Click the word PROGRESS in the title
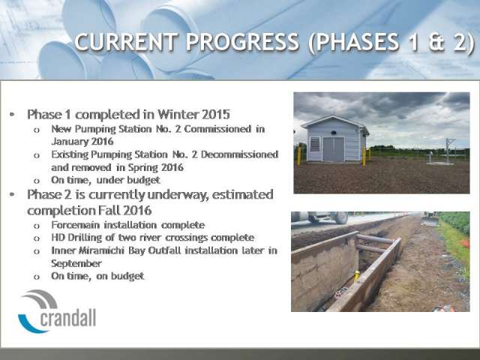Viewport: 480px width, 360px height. (x=241, y=42)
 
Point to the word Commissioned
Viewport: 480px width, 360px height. (x=217, y=129)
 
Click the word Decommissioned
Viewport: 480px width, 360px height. (x=239, y=154)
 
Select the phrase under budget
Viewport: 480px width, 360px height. (x=128, y=180)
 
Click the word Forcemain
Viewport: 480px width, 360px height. (x=76, y=225)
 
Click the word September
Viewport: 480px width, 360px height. (x=76, y=263)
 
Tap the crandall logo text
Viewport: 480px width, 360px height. (x=68, y=318)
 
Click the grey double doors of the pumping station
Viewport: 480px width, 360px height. (x=333, y=149)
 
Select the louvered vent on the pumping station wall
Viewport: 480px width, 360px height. (x=315, y=144)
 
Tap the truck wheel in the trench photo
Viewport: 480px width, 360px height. (x=341, y=218)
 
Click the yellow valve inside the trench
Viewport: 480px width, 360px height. (x=357, y=276)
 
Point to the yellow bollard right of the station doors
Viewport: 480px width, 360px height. (x=364, y=157)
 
